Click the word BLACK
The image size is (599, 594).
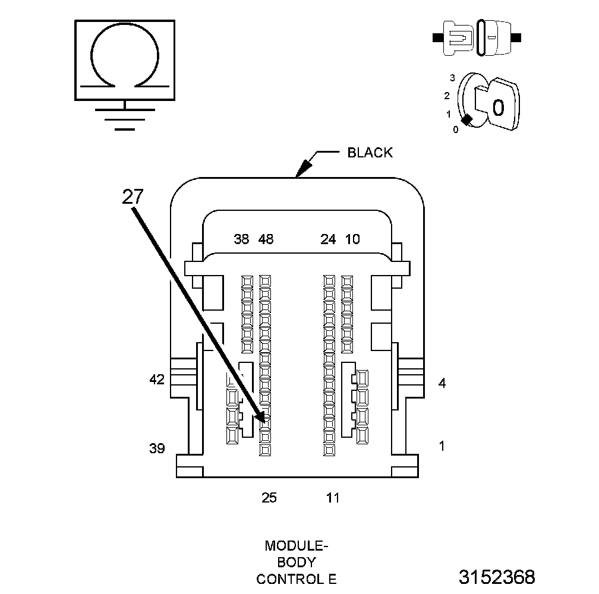point(370,153)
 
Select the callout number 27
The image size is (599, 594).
point(133,197)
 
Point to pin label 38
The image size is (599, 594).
point(241,239)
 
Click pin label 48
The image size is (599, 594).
point(266,239)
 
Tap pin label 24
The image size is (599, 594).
point(328,239)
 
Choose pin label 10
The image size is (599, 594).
point(352,239)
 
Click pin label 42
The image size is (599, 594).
point(157,380)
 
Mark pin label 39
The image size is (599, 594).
point(157,448)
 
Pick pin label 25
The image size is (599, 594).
point(269,498)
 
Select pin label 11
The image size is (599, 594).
point(333,498)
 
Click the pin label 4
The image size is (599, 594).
point(442,383)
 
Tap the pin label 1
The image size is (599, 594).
point(442,445)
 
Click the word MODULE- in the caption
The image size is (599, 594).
point(295,545)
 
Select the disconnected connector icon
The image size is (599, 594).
point(478,37)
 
